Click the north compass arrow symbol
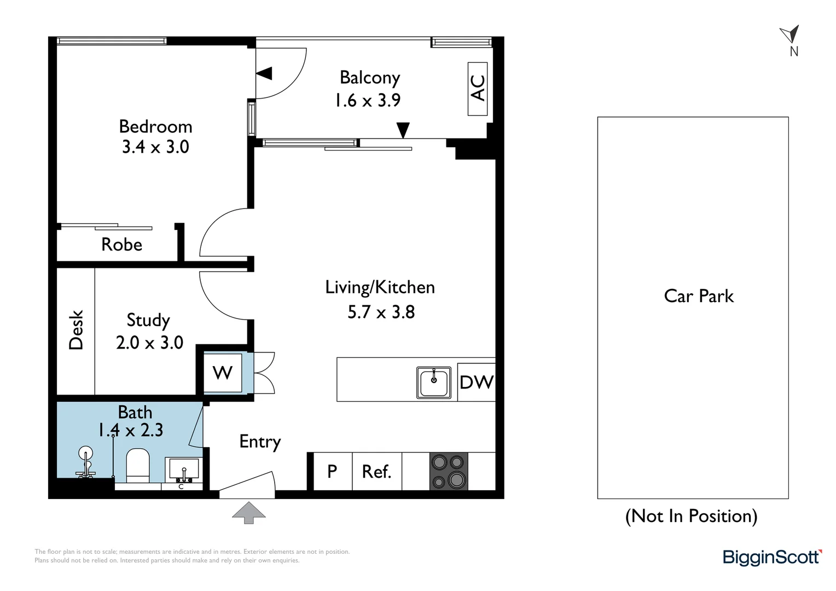tap(791, 34)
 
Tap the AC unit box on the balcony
tap(478, 88)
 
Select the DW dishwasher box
tap(476, 382)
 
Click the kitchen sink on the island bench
tap(434, 382)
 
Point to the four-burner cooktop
tap(449, 471)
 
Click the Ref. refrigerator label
tap(376, 471)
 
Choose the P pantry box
tap(332, 471)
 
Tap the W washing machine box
tap(222, 373)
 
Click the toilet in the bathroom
tap(138, 465)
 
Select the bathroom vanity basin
tap(183, 470)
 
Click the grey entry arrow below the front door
tap(249, 513)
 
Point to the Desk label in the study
tap(76, 329)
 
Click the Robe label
tap(121, 244)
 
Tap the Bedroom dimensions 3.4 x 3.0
tap(155, 147)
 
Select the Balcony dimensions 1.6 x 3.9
tap(368, 100)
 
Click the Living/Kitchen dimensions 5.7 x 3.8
tap(381, 312)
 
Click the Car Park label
tap(698, 296)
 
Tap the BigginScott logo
tap(771, 557)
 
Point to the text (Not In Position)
tap(691, 516)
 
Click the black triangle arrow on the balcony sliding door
tap(403, 130)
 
